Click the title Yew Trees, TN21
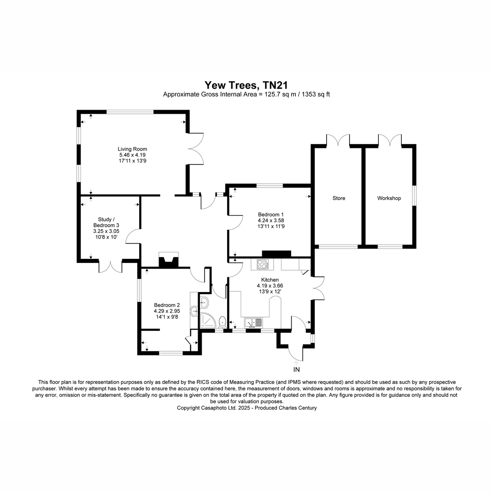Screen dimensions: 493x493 [246, 85]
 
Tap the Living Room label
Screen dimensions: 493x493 [132, 149]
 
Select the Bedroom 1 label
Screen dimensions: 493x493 [271, 214]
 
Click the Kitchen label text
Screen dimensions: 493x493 [270, 280]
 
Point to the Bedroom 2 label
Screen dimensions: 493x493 [167, 305]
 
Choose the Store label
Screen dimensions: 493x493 [339, 198]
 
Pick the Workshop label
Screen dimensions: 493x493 [389, 198]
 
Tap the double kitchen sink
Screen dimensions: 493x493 [253, 323]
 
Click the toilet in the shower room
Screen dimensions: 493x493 [222, 322]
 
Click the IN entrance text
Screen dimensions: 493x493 [296, 370]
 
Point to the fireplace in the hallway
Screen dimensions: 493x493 [168, 260]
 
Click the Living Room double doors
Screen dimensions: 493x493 [196, 148]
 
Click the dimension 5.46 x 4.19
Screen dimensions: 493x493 [132, 155]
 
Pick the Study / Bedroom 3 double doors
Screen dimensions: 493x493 [111, 267]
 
